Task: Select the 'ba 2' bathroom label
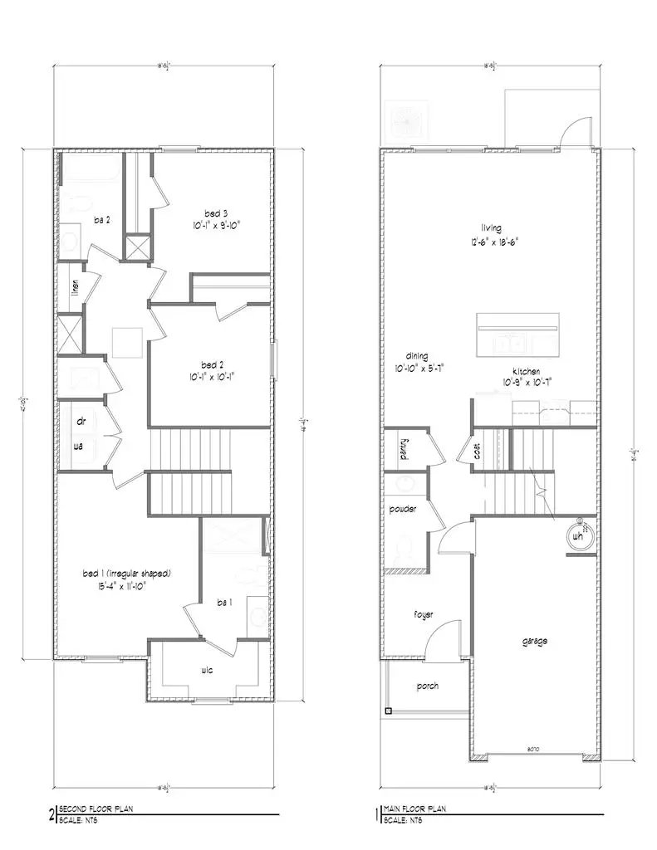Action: (103, 219)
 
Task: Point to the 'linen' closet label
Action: (75, 288)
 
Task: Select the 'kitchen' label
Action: (527, 370)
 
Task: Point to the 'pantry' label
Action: (403, 449)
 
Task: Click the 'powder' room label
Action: (402, 509)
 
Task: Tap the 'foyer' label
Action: (424, 614)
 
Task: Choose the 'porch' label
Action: (427, 686)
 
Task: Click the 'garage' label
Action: (534, 641)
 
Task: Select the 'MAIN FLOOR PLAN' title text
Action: (418, 807)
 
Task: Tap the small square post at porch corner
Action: (388, 711)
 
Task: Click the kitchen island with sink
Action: (517, 333)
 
